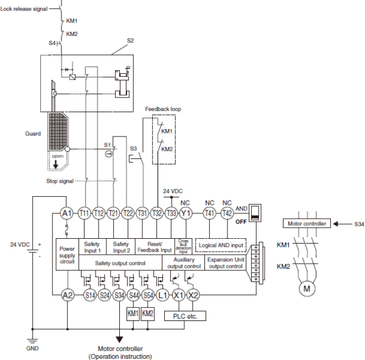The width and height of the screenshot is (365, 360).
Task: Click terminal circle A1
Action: pyautogui.click(x=67, y=213)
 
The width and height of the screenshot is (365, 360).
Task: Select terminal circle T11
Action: pyautogui.click(x=85, y=213)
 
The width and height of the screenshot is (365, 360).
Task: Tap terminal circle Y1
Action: pyautogui.click(x=186, y=213)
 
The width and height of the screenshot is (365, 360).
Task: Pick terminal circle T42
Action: pyautogui.click(x=227, y=213)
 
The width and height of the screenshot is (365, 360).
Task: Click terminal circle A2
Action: pyautogui.click(x=67, y=294)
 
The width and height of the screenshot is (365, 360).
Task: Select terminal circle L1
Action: pyautogui.click(x=162, y=294)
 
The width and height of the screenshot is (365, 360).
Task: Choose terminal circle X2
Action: pyautogui.click(x=193, y=294)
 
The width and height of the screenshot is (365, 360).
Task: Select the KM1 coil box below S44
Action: pyautogui.click(x=133, y=314)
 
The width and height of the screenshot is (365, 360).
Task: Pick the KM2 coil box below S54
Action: pyautogui.click(x=148, y=314)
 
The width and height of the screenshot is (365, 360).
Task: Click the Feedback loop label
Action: pyautogui.click(x=162, y=109)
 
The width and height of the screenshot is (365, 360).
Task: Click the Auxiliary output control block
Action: pyautogui.click(x=184, y=263)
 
